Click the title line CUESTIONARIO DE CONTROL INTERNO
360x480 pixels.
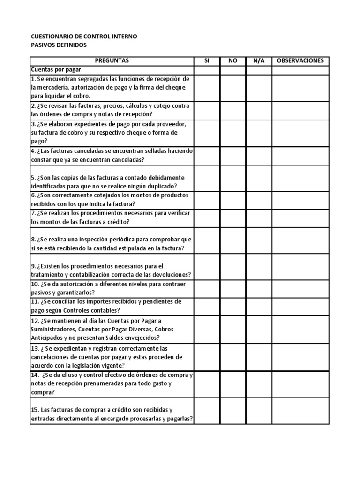click(84, 37)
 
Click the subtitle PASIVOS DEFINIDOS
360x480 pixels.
click(59, 45)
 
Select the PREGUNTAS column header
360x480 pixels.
click(112, 61)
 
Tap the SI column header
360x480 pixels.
click(207, 61)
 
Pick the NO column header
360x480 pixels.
click(232, 61)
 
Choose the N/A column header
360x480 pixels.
click(259, 61)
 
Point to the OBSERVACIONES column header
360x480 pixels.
click(300, 61)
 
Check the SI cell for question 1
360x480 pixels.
click(207, 88)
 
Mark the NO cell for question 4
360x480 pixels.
click(232, 156)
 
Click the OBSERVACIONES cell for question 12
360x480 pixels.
click(300, 330)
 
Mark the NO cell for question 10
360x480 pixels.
click(232, 288)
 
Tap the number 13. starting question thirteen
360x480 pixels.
click(35, 349)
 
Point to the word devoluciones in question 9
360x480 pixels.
click(168, 275)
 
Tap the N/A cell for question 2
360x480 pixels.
click(259, 110)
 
